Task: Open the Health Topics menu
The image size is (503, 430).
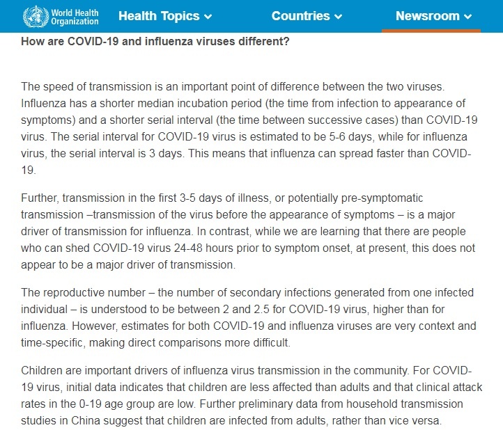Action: pyautogui.click(x=165, y=16)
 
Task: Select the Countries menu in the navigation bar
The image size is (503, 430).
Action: pyautogui.click(x=307, y=16)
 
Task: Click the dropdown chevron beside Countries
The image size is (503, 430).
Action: pyautogui.click(x=339, y=17)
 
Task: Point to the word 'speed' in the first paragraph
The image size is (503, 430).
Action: pyautogui.click(x=55, y=86)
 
